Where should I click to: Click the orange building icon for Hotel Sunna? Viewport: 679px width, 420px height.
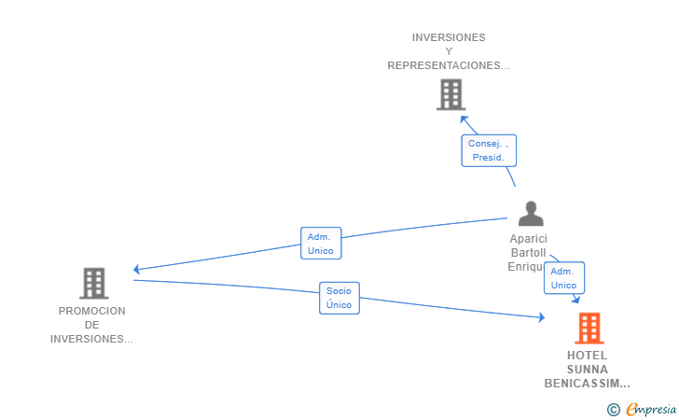[589, 329]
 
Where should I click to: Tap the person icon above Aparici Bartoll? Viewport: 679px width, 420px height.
[531, 214]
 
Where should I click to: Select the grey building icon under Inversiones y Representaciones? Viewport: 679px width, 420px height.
[450, 94]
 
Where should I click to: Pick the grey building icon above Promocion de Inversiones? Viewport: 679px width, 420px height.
[94, 284]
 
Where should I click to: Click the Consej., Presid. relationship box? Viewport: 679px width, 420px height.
[489, 151]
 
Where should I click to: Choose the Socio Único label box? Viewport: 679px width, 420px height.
[339, 299]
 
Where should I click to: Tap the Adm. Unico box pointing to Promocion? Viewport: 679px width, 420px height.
[321, 244]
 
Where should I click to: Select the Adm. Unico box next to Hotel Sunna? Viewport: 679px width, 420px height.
[564, 278]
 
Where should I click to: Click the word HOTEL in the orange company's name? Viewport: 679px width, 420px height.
[588, 356]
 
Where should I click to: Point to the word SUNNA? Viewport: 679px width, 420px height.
[588, 370]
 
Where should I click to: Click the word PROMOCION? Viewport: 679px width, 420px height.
[91, 311]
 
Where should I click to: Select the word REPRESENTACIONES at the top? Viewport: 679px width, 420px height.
[444, 65]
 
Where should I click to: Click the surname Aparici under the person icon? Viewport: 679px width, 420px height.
[528, 239]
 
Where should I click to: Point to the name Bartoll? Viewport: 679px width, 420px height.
[528, 253]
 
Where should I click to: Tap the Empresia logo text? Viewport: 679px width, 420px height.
[651, 409]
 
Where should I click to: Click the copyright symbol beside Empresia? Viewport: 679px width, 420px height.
[613, 410]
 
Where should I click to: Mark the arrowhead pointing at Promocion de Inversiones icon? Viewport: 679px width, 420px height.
[136, 269]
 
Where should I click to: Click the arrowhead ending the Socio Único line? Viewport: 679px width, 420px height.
[542, 317]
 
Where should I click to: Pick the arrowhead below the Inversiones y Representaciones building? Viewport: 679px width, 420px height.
[464, 119]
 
